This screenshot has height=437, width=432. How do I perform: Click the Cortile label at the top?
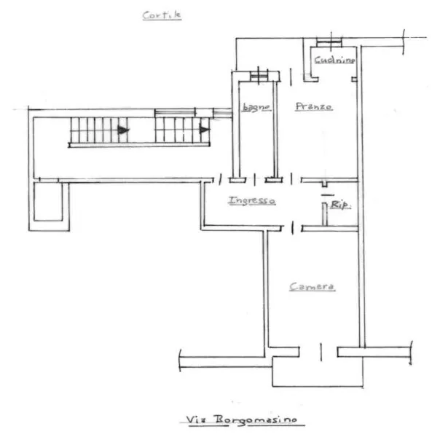(x=162, y=15)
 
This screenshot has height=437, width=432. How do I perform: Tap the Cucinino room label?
(x=334, y=60)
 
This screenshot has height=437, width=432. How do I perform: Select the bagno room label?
(x=256, y=107)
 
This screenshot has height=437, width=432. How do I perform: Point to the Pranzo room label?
(x=314, y=106)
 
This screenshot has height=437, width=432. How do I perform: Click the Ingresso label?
(x=252, y=200)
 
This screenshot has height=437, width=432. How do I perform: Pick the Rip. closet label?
(x=341, y=205)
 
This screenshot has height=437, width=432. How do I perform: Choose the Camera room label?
(x=312, y=286)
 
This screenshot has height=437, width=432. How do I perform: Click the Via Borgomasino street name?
(x=242, y=420)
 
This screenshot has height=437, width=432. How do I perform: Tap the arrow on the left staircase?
(x=123, y=130)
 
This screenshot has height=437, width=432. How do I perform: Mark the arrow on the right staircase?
(x=205, y=130)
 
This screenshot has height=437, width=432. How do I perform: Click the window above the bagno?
(x=259, y=75)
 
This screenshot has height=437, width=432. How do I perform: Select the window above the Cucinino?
(x=329, y=42)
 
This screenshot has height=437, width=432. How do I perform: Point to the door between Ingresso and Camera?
(x=292, y=228)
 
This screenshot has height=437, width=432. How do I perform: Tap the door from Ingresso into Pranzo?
(x=291, y=179)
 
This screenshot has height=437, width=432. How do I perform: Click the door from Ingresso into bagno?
(x=255, y=180)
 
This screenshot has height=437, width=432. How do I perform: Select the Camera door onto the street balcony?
(x=321, y=353)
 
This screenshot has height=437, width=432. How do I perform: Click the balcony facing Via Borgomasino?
(x=318, y=371)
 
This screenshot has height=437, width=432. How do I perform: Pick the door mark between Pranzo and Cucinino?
(x=291, y=77)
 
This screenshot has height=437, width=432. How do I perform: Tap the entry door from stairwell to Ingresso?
(x=220, y=180)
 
